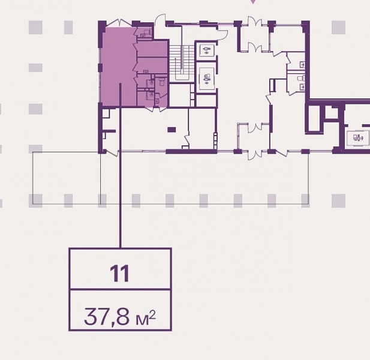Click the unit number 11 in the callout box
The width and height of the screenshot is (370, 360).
(x=120, y=274)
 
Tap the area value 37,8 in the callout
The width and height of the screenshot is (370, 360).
(x=107, y=316)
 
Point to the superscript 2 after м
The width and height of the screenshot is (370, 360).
(x=152, y=314)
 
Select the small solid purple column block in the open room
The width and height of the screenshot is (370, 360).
(x=172, y=130)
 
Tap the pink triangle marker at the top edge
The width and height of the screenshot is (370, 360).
(x=253, y=2)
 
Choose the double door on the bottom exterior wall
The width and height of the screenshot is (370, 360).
(x=254, y=155)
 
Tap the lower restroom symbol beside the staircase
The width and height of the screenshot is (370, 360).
(x=207, y=79)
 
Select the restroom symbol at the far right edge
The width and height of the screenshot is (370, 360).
(x=358, y=137)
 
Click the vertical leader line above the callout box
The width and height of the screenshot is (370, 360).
(x=121, y=165)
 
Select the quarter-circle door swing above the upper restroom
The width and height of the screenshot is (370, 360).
(x=222, y=34)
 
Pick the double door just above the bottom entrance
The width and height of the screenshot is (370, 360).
(x=254, y=128)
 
